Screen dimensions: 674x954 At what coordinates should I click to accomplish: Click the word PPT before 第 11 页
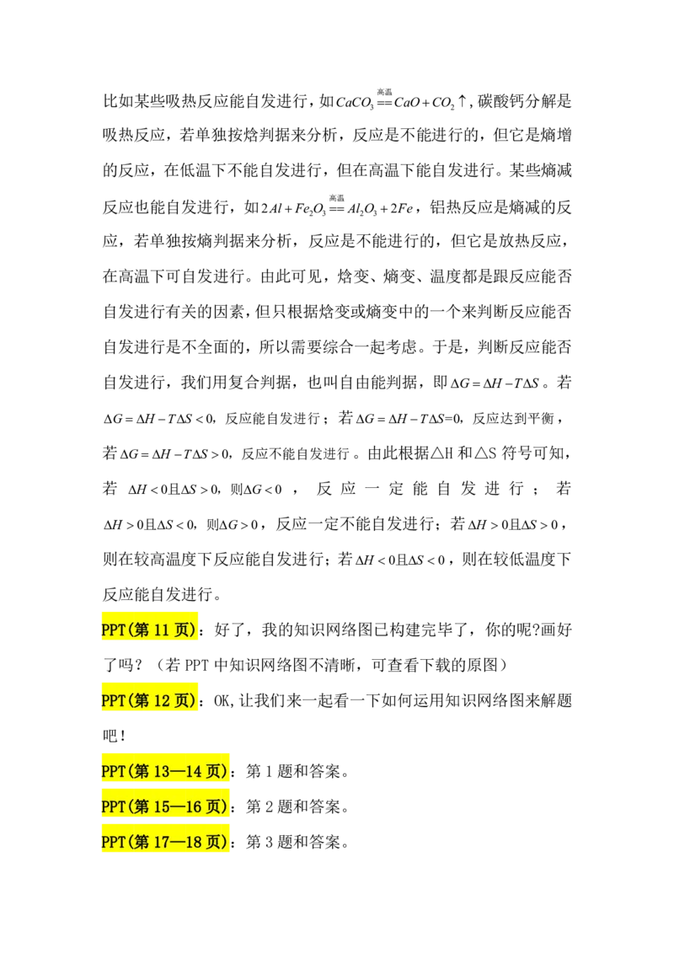coord(113,630)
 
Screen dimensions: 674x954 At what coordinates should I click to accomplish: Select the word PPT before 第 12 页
coord(113,700)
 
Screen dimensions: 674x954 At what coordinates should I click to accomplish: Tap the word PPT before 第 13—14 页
coord(113,771)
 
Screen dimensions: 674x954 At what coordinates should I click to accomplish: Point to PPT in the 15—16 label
coord(113,807)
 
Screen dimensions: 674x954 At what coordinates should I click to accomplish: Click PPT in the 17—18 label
coord(113,842)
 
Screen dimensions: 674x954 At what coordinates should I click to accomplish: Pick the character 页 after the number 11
coord(183,630)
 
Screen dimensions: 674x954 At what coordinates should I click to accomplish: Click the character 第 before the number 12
coord(141,700)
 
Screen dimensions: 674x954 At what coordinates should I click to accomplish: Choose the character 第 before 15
coord(141,807)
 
